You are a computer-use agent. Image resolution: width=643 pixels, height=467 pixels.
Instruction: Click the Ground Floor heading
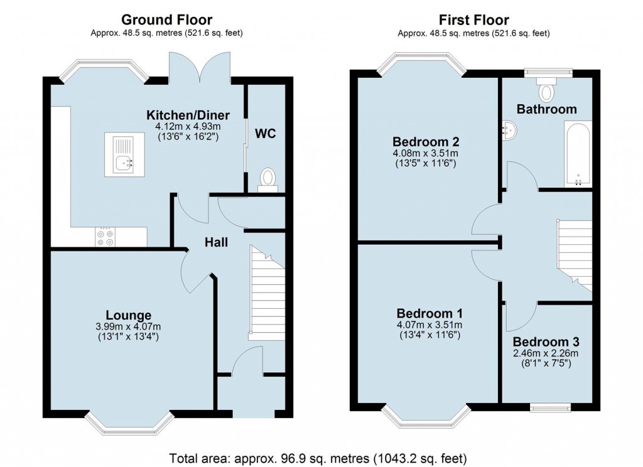pyautogui.click(x=166, y=21)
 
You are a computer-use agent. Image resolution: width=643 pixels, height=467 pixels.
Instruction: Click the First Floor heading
pyautogui.click(x=473, y=21)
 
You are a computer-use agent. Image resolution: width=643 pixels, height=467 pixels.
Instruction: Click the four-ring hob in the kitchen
pyautogui.click(x=105, y=236)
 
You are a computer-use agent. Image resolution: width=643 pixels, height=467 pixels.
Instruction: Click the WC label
pyautogui.click(x=266, y=134)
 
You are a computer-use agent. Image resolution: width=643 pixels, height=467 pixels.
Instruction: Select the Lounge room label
pyautogui.click(x=128, y=315)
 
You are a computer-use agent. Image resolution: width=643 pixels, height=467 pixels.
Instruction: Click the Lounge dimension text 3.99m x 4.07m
pyautogui.click(x=128, y=326)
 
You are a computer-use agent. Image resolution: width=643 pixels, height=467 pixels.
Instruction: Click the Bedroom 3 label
pyautogui.click(x=546, y=342)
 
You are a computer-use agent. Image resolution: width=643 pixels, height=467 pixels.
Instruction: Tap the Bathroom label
pyautogui.click(x=546, y=109)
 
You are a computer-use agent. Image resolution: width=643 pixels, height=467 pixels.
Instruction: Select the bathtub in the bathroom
pyautogui.click(x=577, y=154)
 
